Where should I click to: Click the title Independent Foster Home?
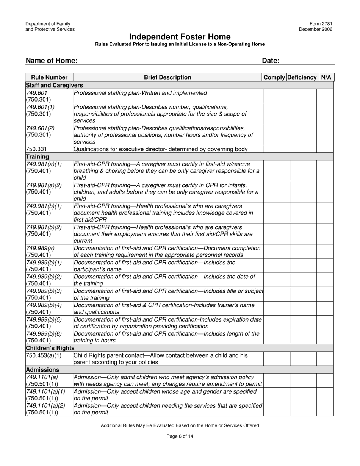[180, 37]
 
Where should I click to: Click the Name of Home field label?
[52, 61]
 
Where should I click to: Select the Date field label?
[271, 61]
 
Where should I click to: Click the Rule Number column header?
[49, 77]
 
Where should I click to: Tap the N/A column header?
[326, 77]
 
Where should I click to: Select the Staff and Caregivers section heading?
[54, 85]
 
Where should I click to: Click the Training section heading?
[37, 156]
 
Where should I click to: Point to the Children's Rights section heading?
[50, 348]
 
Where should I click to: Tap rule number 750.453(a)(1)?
[44, 355]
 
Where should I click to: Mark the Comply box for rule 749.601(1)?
[277, 114]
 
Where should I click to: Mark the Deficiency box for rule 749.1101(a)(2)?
[303, 409]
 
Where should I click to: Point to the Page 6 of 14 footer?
[180, 436]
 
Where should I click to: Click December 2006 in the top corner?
[315, 29]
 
